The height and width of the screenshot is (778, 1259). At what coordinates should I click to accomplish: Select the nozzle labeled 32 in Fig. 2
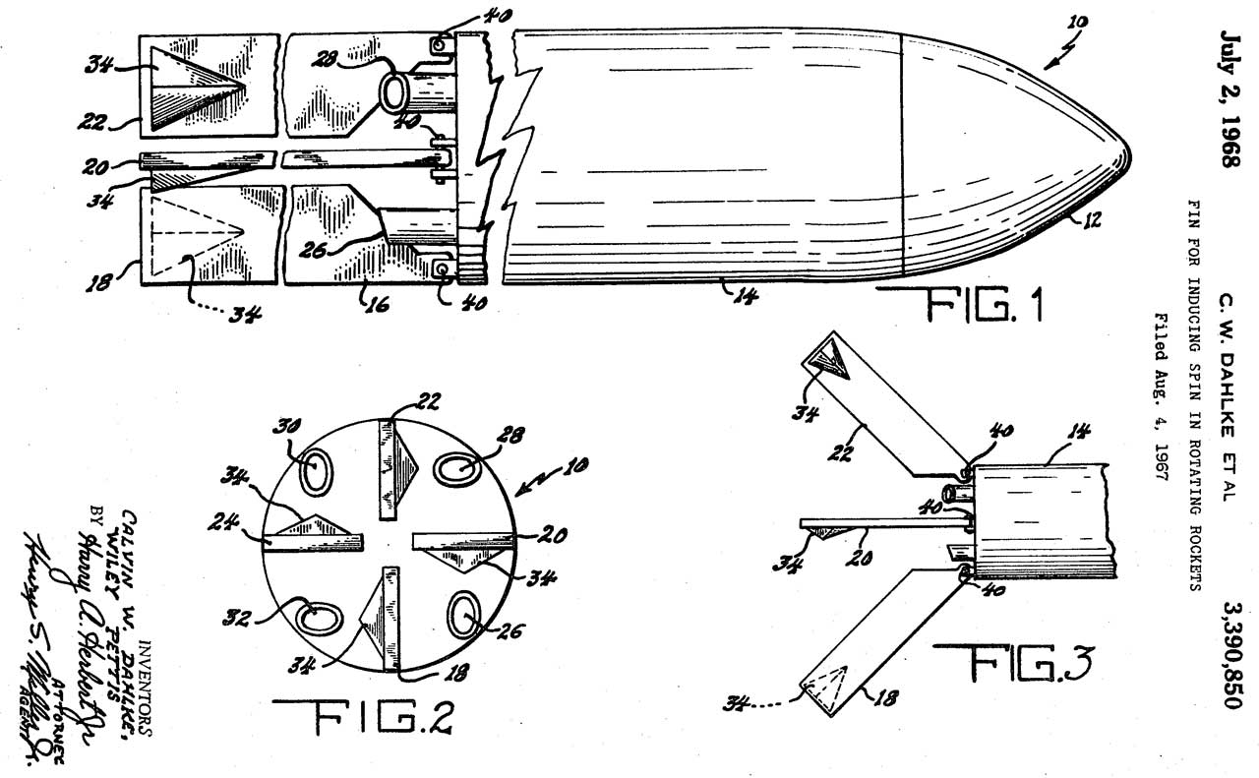316,617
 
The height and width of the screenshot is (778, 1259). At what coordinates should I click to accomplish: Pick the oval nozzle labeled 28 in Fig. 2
456,469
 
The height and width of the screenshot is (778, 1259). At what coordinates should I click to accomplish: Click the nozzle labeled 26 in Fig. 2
463,616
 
